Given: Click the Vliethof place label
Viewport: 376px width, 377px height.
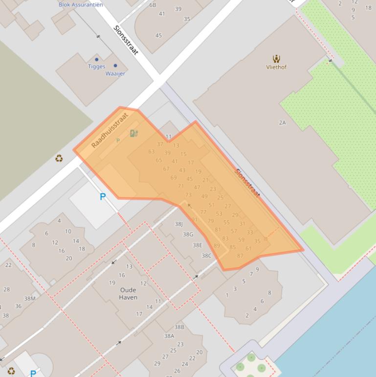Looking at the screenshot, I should coord(276,67).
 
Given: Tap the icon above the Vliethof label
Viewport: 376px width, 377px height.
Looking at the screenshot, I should coord(276,59).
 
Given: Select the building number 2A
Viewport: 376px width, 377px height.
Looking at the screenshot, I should coord(282,122).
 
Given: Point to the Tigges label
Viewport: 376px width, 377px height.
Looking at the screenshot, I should coord(96,67).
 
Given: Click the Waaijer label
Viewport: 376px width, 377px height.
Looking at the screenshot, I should coord(115,73).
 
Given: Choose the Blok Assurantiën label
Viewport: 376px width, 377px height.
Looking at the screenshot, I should coord(81,4).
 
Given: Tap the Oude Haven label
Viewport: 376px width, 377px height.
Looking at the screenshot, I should coord(128,293).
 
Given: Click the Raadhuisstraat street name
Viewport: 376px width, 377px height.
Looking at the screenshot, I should coord(110,131).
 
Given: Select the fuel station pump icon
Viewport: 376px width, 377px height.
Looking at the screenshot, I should coord(133,133).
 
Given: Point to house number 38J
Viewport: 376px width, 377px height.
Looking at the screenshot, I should coord(178,224).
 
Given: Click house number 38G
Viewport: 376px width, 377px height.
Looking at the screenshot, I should coord(188,235).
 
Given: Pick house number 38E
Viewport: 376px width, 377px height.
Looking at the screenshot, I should coord(197,245).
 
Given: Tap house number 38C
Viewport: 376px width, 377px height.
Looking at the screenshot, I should coord(206,256).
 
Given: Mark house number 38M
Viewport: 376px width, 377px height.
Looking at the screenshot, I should coord(29,298).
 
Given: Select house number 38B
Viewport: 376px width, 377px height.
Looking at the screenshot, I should coord(179,327).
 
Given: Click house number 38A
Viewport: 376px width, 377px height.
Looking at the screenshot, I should coord(169,336).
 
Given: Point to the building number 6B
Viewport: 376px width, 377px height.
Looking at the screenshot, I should coord(153,5).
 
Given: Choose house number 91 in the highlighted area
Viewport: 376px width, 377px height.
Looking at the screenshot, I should coord(194,220).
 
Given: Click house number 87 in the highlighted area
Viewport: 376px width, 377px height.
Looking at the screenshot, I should coord(240,256).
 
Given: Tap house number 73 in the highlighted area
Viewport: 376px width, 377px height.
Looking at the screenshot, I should coord(188,195).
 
